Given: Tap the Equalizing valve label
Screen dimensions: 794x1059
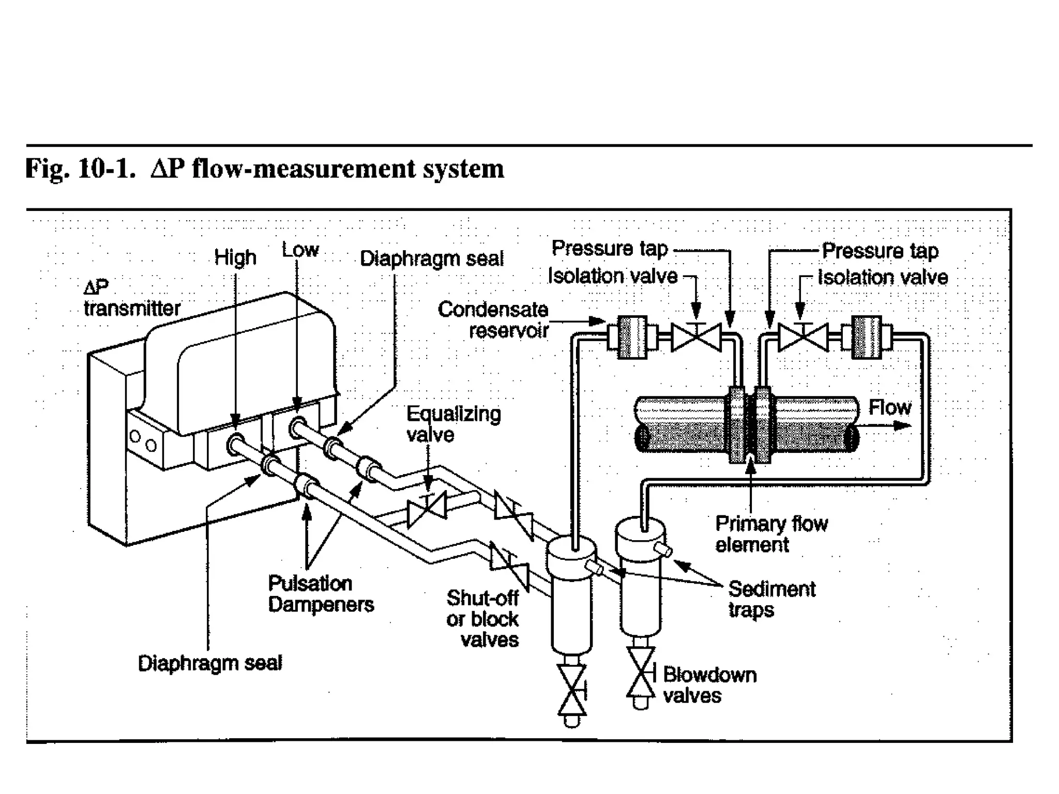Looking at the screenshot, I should click(453, 424).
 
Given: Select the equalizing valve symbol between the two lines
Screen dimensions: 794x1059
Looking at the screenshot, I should click(427, 509).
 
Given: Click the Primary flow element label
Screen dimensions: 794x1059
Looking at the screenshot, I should click(770, 534).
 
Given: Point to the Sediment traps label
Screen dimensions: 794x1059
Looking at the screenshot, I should click(771, 599).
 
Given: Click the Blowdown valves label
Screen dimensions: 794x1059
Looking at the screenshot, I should click(709, 685).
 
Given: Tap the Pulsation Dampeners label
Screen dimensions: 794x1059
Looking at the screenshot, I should click(320, 594).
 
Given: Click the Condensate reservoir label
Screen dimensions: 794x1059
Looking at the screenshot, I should click(493, 319).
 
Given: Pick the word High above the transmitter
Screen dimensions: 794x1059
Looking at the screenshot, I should click(235, 257).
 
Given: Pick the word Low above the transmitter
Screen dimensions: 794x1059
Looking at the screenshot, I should click(300, 250).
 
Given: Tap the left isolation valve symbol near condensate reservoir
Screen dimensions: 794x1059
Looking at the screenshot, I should click(696, 338).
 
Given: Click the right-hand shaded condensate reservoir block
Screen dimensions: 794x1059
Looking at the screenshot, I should click(866, 337).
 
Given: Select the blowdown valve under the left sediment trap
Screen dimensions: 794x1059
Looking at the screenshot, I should click(571, 690).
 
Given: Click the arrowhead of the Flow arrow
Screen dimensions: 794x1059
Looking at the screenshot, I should click(903, 425).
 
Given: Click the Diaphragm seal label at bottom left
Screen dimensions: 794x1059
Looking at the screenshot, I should click(210, 663).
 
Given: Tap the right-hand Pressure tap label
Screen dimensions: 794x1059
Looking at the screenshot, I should click(880, 251).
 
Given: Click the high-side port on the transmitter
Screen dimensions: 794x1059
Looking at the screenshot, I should click(235, 444).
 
